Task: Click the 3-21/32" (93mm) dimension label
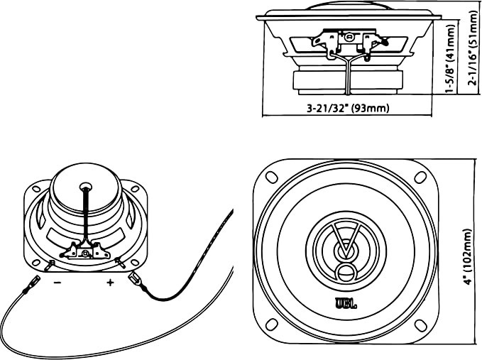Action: (x=348, y=108)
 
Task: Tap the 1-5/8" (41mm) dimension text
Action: (x=450, y=58)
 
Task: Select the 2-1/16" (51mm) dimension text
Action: (x=472, y=48)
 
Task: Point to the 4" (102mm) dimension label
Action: (x=468, y=257)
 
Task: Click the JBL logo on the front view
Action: (x=346, y=303)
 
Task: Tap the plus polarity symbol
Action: (x=110, y=282)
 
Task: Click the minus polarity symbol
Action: (x=57, y=282)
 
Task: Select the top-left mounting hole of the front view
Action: (x=271, y=177)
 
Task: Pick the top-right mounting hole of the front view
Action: (x=420, y=177)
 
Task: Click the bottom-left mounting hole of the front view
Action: (x=271, y=324)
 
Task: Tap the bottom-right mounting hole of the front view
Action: (x=420, y=326)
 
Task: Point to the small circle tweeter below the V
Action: (x=346, y=272)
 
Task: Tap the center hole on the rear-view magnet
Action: (x=86, y=186)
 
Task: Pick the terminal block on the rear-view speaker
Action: (x=84, y=250)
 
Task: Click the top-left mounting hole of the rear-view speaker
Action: (x=37, y=189)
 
